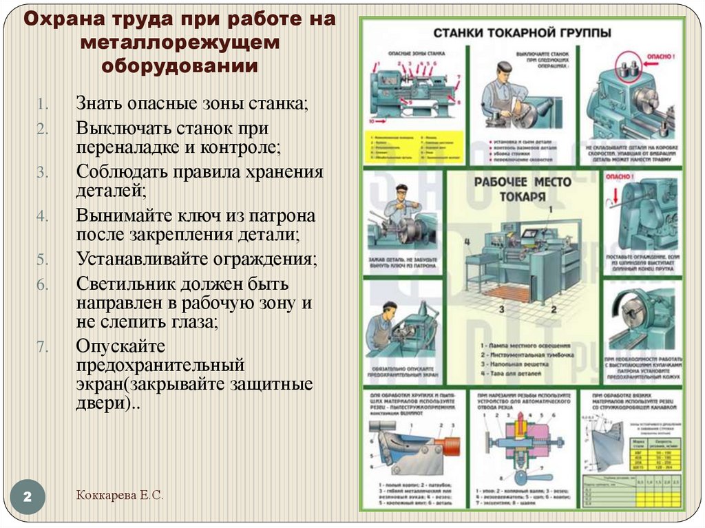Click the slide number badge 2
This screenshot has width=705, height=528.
coord(29,497)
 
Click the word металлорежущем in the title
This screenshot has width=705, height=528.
coord(180,42)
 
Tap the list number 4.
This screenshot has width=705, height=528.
coord(41,216)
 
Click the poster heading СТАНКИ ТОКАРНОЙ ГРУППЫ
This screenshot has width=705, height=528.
coord(522,32)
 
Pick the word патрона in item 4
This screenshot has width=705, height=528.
coord(284,216)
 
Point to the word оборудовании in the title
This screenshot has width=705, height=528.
coord(180,65)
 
